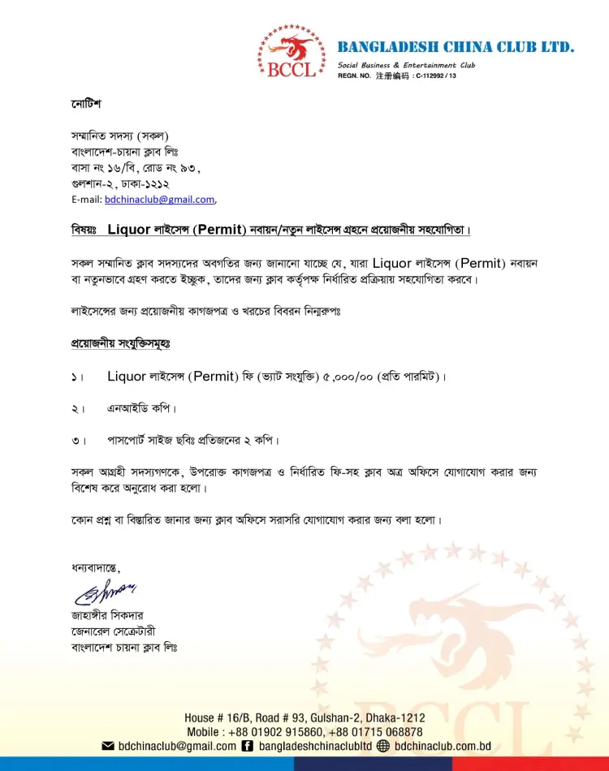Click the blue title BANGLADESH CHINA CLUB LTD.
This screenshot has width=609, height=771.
click(456, 47)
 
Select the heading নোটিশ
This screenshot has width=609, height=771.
click(85, 106)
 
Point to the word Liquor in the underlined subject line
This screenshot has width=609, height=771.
click(129, 230)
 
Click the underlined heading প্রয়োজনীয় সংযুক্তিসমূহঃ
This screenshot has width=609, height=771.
click(120, 344)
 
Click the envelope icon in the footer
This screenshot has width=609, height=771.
click(107, 747)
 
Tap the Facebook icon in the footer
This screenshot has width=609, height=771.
click(248, 747)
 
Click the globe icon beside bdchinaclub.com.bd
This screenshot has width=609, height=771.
click(384, 747)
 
